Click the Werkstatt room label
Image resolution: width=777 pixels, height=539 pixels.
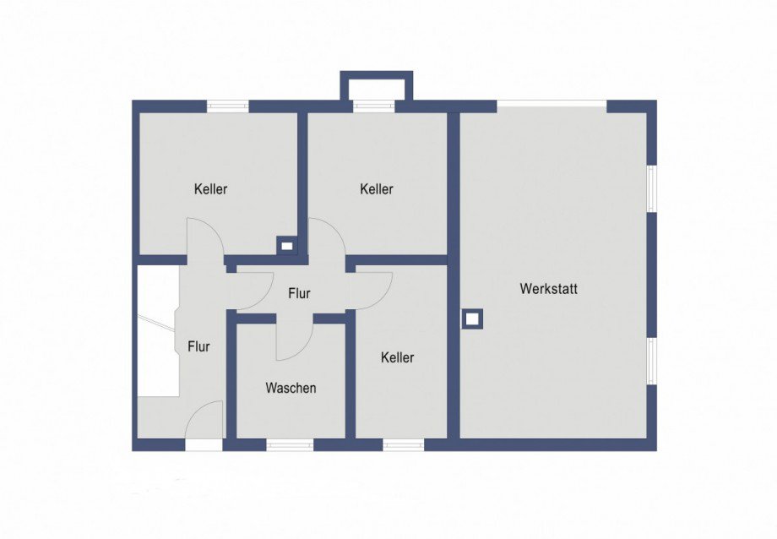coord(549,289)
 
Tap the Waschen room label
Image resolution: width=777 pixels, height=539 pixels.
coord(291,388)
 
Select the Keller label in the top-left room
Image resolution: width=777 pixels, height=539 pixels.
coord(211,189)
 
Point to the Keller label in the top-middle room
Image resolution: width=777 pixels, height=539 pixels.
coord(377,189)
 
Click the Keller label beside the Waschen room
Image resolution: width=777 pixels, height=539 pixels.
coord(398,357)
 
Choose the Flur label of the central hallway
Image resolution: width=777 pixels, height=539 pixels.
coord(299,293)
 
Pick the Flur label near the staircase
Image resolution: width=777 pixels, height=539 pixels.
coord(198,346)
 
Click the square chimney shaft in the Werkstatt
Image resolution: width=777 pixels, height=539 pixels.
coord(472,318)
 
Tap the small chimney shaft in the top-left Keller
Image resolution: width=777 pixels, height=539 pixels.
coord(287,246)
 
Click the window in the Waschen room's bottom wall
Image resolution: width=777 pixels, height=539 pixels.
coord(290,444)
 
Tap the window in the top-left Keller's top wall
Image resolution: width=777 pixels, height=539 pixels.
coord(227,106)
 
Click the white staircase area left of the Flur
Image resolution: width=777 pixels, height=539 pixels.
coord(158,330)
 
